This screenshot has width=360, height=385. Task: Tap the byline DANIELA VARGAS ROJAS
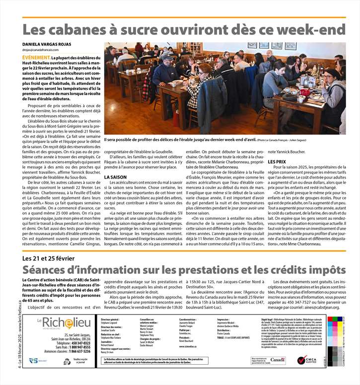[x=47, y=45]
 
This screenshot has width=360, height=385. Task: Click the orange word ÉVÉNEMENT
[x=36, y=58]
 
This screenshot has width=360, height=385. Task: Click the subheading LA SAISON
[x=115, y=177]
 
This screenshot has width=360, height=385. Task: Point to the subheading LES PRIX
[x=277, y=162]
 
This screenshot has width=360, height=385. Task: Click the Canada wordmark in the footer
[x=278, y=360]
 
